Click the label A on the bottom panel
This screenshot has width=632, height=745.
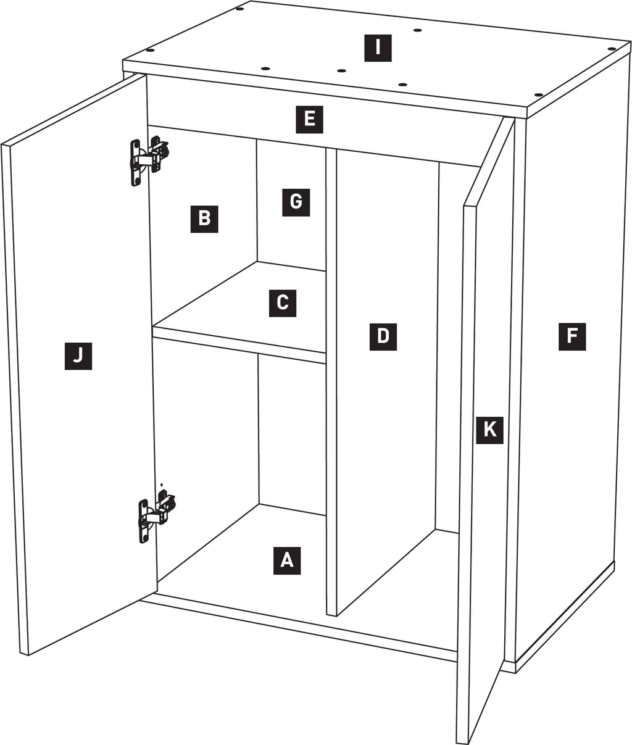[287, 560]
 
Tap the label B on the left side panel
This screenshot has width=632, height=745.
[204, 219]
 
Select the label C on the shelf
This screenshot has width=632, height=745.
[283, 303]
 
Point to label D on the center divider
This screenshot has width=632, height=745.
[383, 336]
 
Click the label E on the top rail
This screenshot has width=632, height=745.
[309, 119]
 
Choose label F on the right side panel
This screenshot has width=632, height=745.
[572, 336]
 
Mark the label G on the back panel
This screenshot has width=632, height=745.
[296, 202]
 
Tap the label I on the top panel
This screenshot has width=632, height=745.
[378, 48]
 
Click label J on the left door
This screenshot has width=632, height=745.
[78, 356]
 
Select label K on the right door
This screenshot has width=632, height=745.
[489, 430]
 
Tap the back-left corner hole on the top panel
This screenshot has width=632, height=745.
[239, 9]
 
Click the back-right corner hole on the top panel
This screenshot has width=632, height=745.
[612, 48]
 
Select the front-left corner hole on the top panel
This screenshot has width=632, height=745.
[150, 50]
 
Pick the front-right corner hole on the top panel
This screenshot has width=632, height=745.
[538, 95]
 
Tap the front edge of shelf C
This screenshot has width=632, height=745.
[239, 345]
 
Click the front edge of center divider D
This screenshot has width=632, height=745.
[331, 382]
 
